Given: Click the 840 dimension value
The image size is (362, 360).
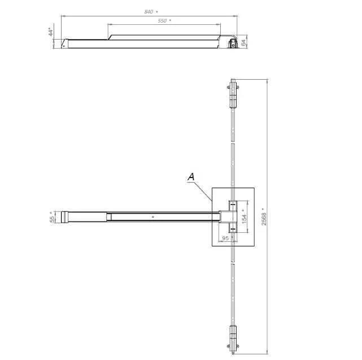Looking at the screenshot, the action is point(149,12).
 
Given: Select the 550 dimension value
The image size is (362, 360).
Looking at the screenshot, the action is point(162,21).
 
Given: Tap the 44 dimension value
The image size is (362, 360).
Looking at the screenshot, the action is point(51,32).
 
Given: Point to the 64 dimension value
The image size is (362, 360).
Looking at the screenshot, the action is point(243,42).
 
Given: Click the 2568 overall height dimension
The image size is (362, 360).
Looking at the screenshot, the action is point(264,219).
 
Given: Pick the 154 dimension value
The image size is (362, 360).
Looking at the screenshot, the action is point(244,219).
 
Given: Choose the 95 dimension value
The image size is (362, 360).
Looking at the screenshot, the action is point(225,238).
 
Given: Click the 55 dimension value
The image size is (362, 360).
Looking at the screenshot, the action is point(53,219).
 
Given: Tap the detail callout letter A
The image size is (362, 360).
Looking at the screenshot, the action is point(191,177).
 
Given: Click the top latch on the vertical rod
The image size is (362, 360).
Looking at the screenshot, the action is point(233,94).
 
